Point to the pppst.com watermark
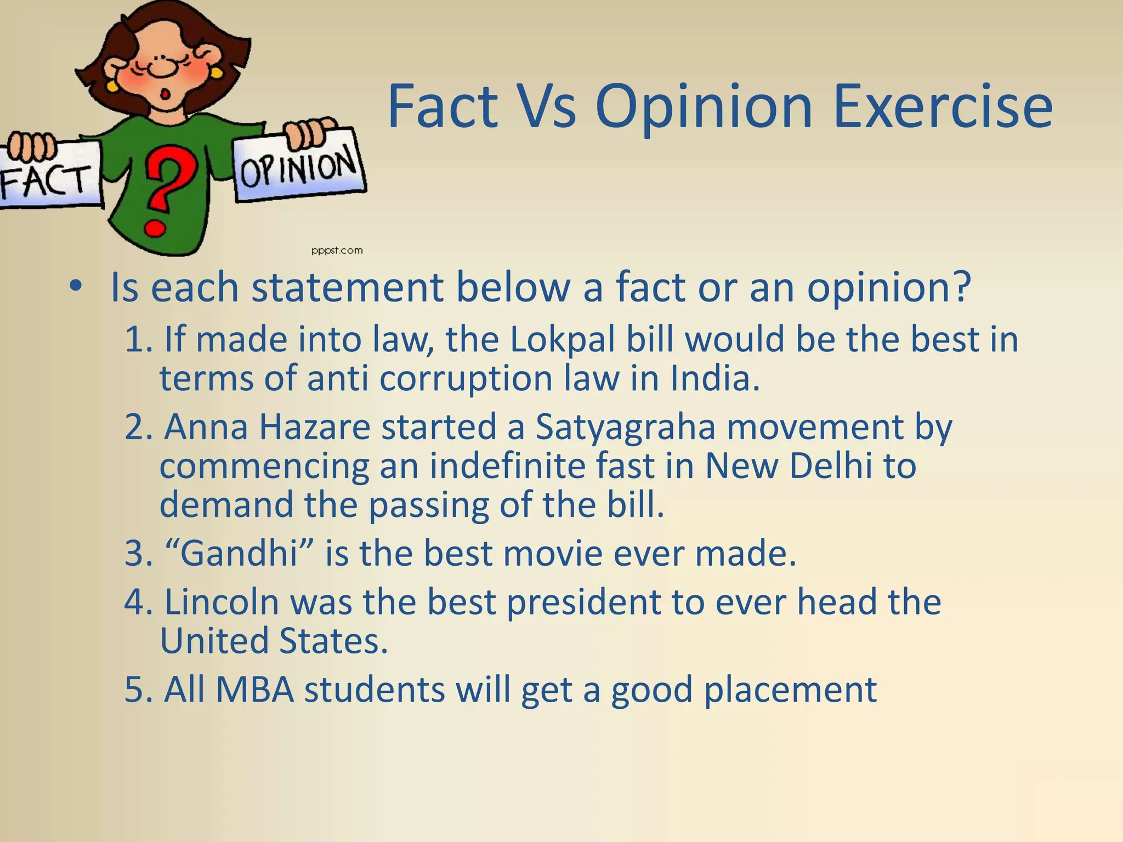[337, 251]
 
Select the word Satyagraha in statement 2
[625, 426]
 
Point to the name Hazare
[315, 426]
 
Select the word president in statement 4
[583, 601]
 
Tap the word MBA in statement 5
[254, 689]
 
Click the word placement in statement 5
[790, 689]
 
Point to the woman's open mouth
[163, 94]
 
